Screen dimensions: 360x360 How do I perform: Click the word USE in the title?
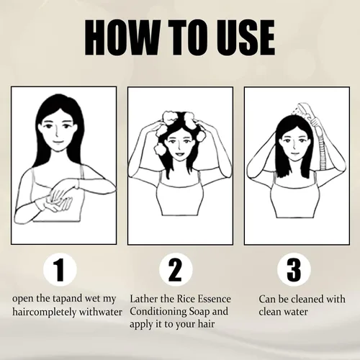click(x=245, y=37)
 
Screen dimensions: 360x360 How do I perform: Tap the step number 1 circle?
click(x=60, y=269)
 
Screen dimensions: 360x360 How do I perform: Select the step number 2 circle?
click(x=176, y=269)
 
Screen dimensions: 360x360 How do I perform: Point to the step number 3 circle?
click(x=294, y=269)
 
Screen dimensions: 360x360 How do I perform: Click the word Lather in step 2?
click(x=144, y=299)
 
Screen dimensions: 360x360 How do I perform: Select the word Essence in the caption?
click(x=215, y=299)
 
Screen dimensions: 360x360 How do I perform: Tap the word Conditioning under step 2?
click(x=158, y=312)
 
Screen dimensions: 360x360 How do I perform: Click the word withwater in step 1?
click(x=101, y=312)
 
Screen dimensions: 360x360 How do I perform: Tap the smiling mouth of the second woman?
click(x=179, y=153)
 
